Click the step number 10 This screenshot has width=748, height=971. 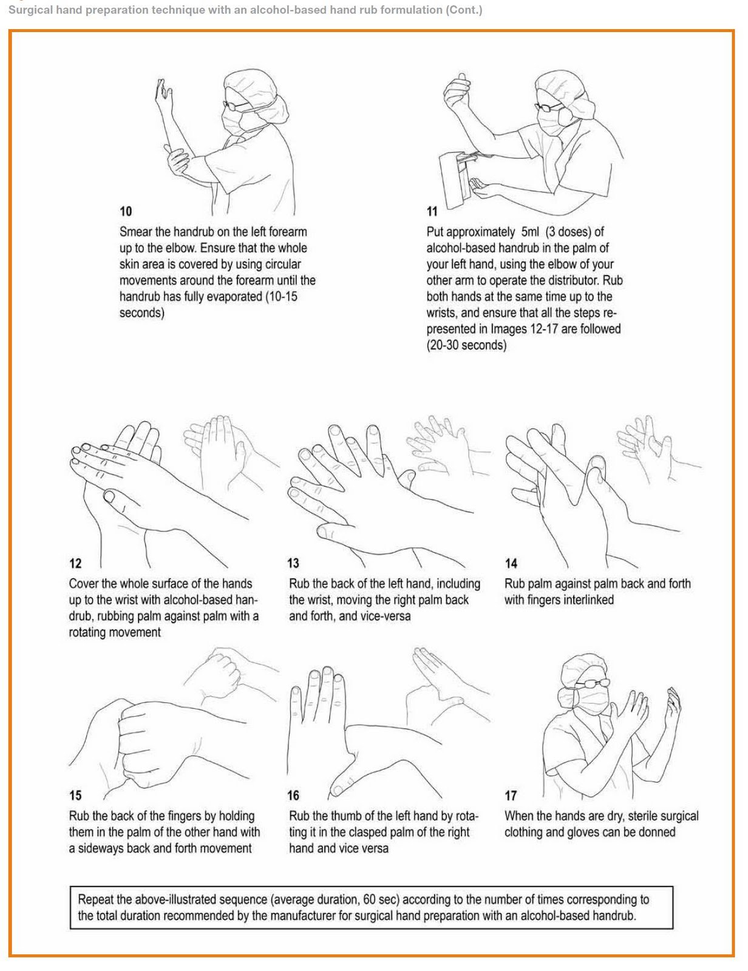[x=125, y=211]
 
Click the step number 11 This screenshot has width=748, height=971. [x=432, y=211]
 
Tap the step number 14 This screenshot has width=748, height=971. [x=511, y=563]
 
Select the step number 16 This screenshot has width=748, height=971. [x=293, y=795]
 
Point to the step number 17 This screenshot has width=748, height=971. [x=511, y=795]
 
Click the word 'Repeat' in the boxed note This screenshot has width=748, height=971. [x=96, y=899]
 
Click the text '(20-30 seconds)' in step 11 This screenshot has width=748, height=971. [x=466, y=345]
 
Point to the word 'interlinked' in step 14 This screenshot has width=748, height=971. [x=586, y=600]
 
